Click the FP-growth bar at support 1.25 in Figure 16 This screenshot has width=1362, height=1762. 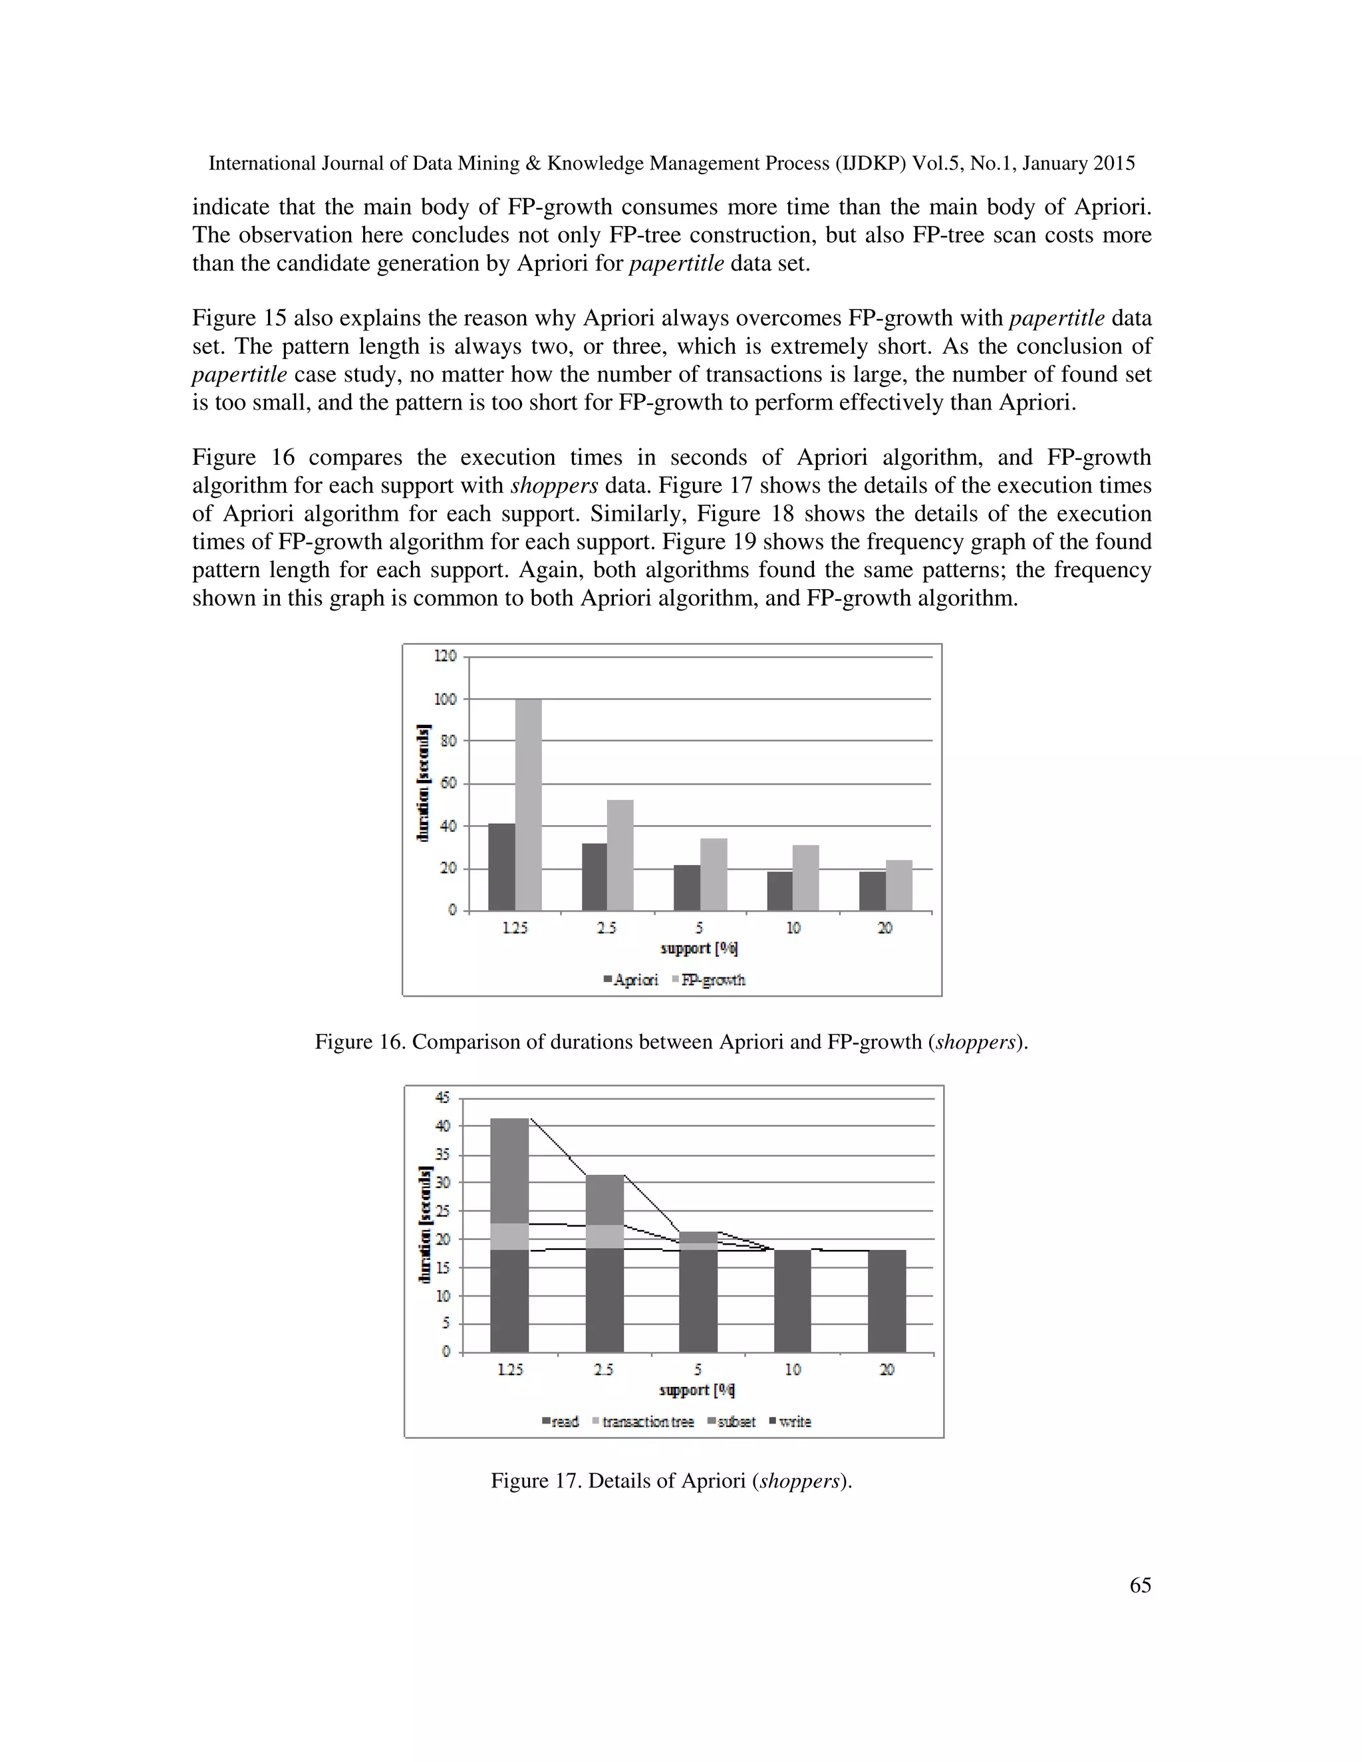click(529, 805)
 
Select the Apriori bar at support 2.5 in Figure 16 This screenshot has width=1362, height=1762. click(595, 877)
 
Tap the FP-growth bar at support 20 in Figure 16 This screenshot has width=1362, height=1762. click(899, 886)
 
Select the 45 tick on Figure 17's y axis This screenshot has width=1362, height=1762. click(443, 1097)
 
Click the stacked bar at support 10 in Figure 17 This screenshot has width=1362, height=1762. click(792, 1301)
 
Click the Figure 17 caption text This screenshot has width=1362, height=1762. click(671, 1481)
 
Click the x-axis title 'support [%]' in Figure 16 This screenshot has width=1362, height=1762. click(699, 948)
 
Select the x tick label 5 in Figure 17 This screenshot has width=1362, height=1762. click(698, 1369)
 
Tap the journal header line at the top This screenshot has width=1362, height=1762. click(671, 163)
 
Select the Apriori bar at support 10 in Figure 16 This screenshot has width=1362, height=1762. click(779, 891)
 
